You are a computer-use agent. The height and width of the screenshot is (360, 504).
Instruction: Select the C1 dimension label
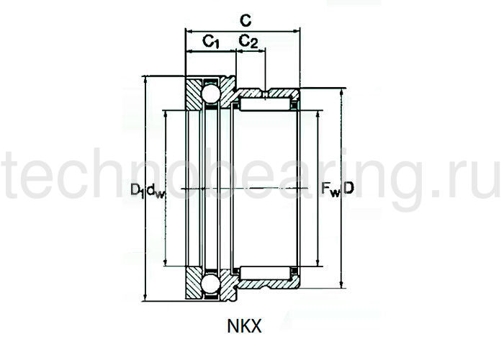coord(210,42)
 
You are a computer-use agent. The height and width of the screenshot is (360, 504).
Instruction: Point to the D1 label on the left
coord(137,190)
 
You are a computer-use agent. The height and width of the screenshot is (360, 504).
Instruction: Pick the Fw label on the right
coord(330,190)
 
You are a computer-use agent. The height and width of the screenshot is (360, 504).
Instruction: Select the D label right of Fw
coord(349,189)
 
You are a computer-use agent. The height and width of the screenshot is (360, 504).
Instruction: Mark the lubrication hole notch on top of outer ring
coord(266,92)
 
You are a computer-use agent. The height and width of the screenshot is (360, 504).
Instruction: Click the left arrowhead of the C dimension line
coord(189,31)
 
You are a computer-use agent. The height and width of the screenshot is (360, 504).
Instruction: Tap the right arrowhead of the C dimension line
coord(297,31)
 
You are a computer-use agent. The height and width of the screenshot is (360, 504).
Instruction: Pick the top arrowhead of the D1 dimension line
coord(147,79)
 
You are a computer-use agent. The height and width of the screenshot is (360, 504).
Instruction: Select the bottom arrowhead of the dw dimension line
coord(166,263)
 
